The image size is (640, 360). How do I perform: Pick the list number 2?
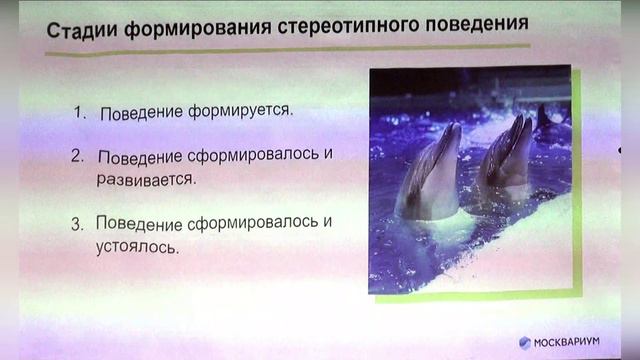pos(77,157)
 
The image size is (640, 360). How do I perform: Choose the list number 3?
pos(76,223)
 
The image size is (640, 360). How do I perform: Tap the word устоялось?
pos(137,245)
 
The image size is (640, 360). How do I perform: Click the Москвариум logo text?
pos(579,342)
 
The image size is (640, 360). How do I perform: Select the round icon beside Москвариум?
pos(524,342)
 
